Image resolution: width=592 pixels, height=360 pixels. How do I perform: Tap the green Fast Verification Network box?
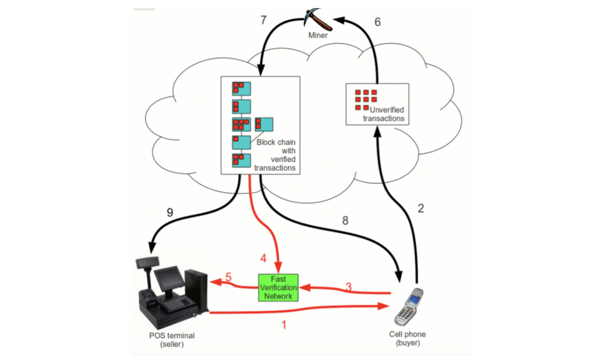(x=277, y=287)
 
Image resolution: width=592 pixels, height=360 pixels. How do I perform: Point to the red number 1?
(x=283, y=325)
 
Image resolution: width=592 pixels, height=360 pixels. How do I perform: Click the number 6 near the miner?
(x=377, y=22)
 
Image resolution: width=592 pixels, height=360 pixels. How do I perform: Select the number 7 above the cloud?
(x=263, y=20)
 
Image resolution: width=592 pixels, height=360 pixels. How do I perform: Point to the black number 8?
(x=345, y=221)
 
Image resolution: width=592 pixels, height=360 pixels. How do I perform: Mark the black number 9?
(x=170, y=212)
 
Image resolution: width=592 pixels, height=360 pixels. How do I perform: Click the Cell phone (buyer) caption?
(x=407, y=338)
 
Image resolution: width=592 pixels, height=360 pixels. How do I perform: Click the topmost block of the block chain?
(x=242, y=88)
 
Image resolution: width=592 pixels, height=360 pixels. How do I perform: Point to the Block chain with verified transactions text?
(x=276, y=155)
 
